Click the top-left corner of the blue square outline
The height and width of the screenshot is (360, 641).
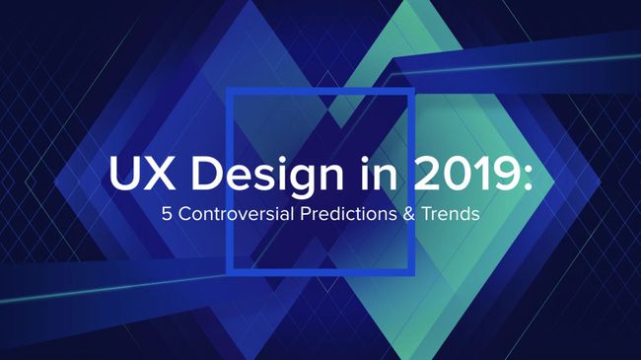[229, 91]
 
